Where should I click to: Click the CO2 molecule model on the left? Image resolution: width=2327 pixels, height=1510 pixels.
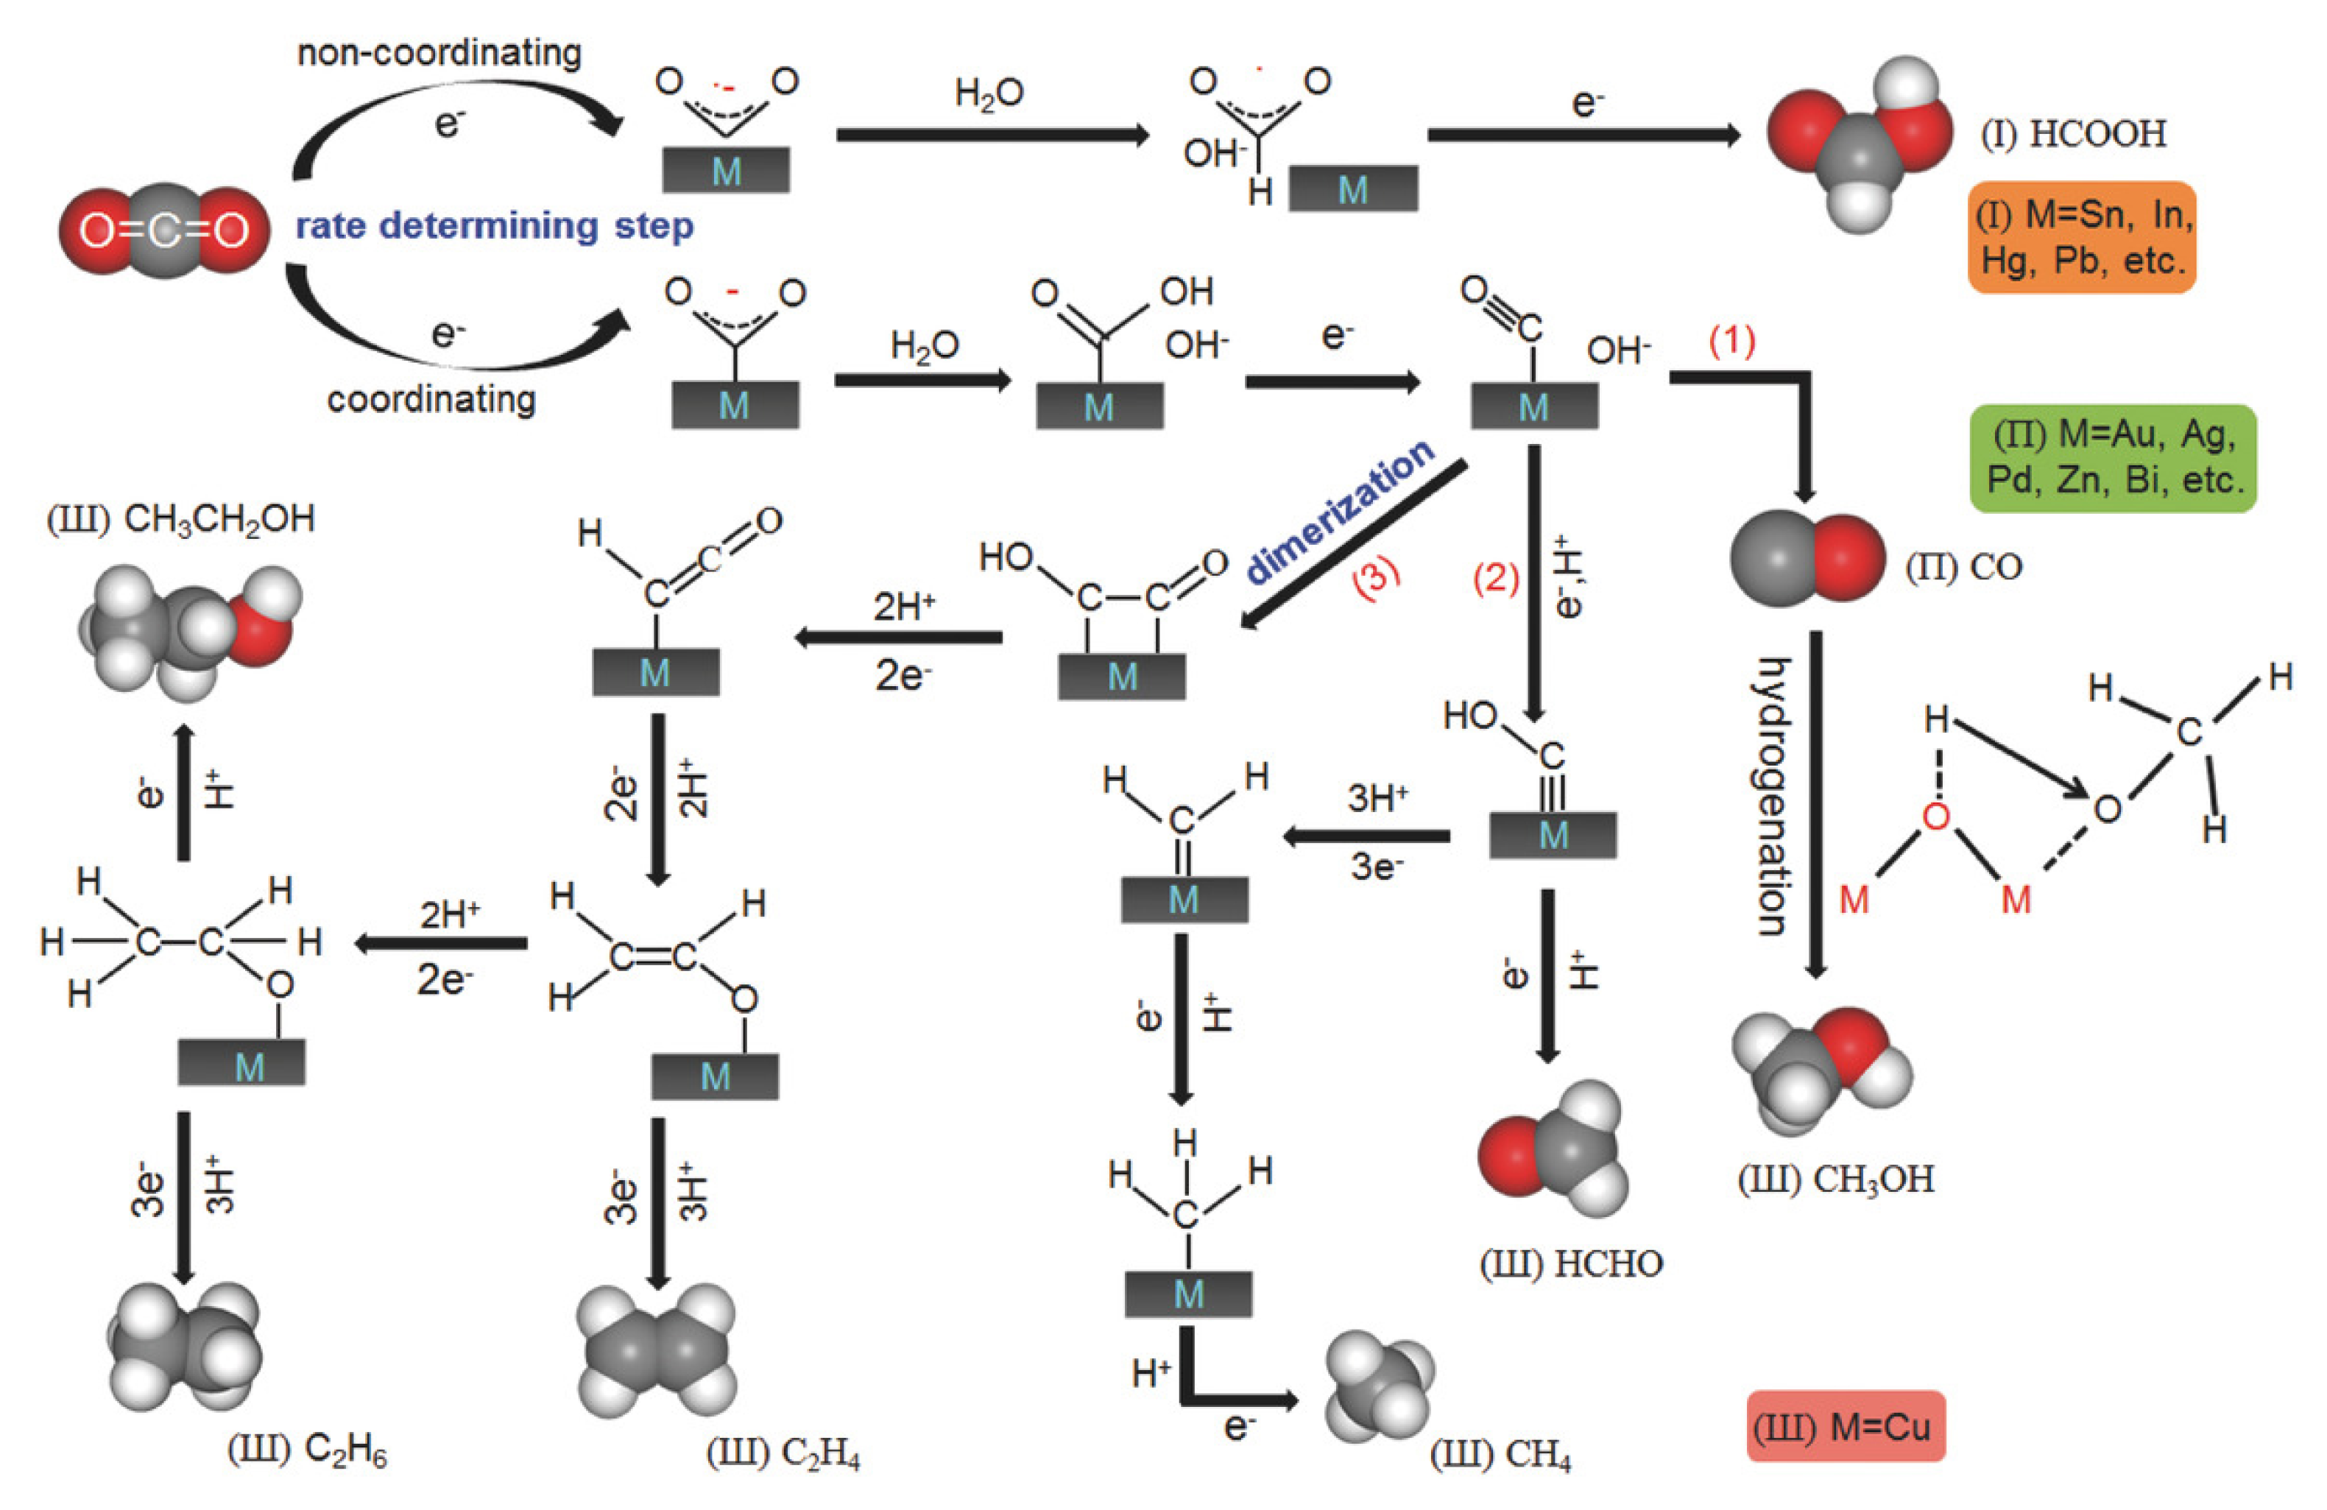164,230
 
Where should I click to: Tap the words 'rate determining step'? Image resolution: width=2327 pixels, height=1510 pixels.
495,226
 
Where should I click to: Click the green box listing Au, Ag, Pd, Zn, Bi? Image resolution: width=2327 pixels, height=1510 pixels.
2113,458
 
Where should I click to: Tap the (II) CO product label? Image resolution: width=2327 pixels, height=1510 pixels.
1963,566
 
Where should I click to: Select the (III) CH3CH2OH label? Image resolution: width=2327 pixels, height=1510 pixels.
181,518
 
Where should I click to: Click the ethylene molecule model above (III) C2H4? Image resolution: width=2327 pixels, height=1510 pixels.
656,1350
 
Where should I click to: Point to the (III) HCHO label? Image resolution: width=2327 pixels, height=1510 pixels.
1570,1263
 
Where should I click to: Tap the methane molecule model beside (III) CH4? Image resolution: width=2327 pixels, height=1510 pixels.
1379,1385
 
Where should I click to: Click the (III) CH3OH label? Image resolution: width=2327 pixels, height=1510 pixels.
1835,1179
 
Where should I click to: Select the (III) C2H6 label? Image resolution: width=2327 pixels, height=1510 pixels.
307,1450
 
